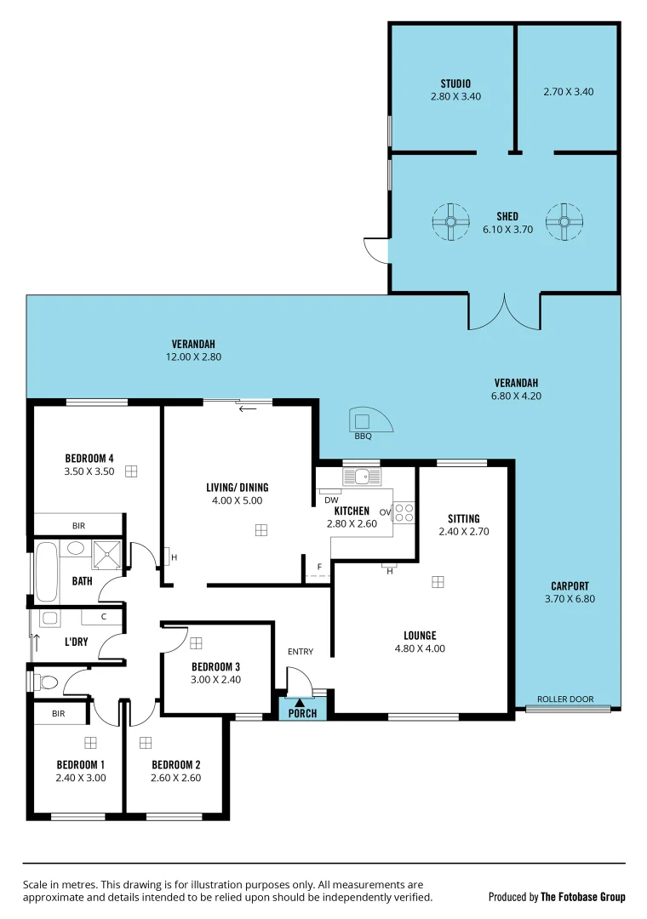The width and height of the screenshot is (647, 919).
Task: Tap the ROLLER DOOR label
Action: click(565, 699)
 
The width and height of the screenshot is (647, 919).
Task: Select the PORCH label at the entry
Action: click(302, 713)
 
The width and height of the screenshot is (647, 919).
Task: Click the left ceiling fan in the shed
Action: click(450, 222)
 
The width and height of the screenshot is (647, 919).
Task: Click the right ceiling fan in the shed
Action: click(564, 222)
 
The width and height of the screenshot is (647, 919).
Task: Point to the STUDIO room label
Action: click(455, 83)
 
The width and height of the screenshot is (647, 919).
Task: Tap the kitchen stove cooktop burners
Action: click(404, 513)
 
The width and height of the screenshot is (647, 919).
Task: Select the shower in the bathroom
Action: click(107, 554)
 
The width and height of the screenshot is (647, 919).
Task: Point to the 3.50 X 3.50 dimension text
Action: click(89, 471)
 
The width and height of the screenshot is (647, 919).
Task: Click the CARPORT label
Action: click(570, 586)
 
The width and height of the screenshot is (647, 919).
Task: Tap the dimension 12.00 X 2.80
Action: click(193, 357)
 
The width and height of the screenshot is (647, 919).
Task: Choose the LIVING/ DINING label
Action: click(237, 488)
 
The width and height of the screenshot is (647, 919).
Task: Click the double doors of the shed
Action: click(504, 312)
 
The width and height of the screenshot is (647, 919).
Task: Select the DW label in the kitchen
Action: click(331, 500)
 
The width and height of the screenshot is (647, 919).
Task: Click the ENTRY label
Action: click(300, 652)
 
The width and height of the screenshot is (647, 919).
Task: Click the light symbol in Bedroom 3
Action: click(196, 643)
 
